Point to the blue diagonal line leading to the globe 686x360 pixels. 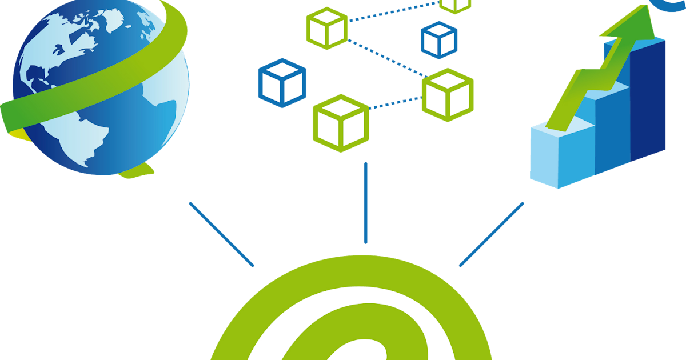pos(221,234)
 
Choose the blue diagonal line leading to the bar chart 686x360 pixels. pos(492,234)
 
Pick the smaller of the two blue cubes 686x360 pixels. pos(439,40)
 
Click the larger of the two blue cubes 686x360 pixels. pos(282,83)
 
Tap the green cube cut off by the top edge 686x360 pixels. pos(456,5)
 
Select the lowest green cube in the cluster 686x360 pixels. pos(341,123)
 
